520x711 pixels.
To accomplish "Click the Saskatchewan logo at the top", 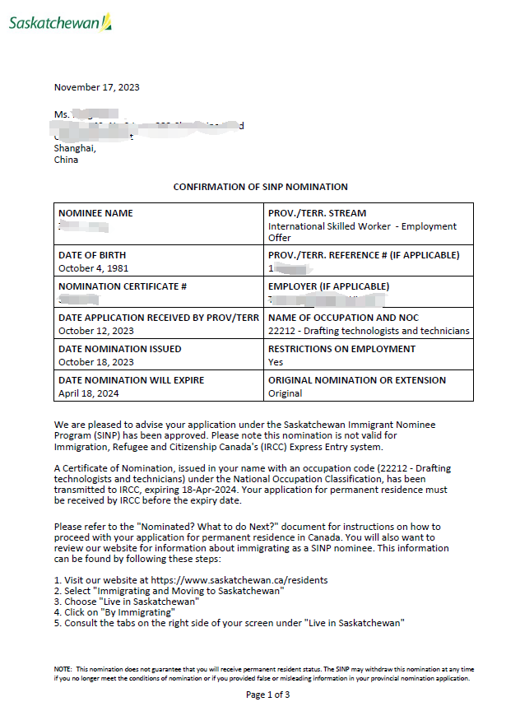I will [x=60, y=22].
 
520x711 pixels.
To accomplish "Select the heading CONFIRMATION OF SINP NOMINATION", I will [x=260, y=187].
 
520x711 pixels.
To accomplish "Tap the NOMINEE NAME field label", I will [x=95, y=213].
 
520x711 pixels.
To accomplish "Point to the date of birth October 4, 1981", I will [x=93, y=268].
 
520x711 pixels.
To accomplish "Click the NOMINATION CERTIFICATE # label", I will [x=123, y=286].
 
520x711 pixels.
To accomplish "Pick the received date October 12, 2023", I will [x=95, y=331].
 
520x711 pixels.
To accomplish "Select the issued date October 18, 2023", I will [x=95, y=362].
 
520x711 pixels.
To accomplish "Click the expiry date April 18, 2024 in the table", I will [x=90, y=393].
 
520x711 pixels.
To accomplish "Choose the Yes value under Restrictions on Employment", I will [x=276, y=362].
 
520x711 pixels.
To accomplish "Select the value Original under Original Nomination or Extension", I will [x=286, y=393].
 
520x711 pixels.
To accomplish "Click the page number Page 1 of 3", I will [x=267, y=695].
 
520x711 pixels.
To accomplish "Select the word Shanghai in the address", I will [x=75, y=149].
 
